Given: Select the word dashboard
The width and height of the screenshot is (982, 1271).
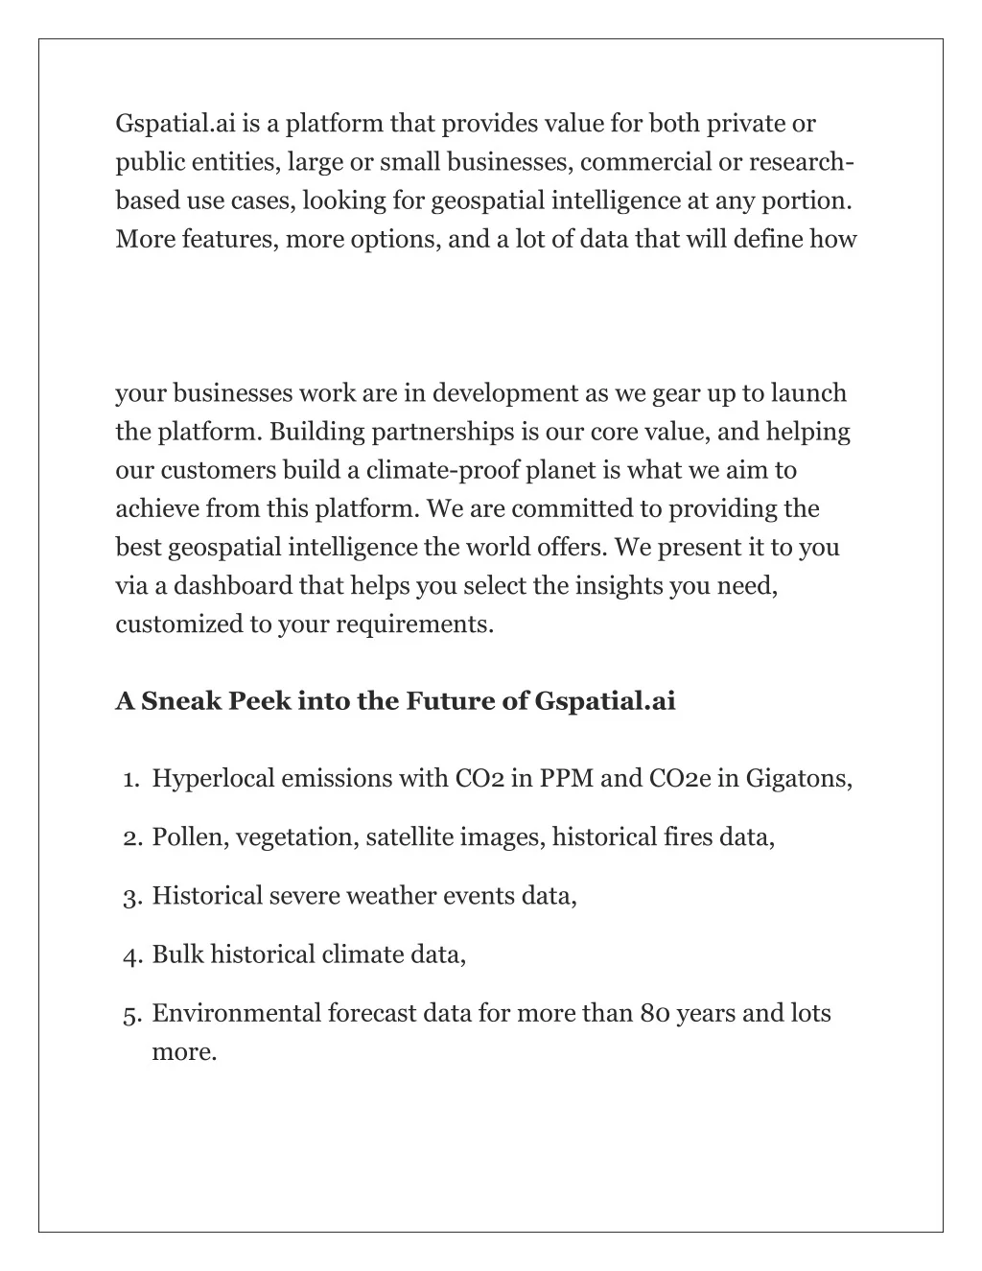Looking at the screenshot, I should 230,585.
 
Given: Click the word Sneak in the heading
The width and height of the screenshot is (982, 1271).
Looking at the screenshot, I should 181,702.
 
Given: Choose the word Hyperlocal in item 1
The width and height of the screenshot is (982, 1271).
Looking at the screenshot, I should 213,778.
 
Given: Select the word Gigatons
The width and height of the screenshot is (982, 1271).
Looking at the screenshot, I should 799,778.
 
